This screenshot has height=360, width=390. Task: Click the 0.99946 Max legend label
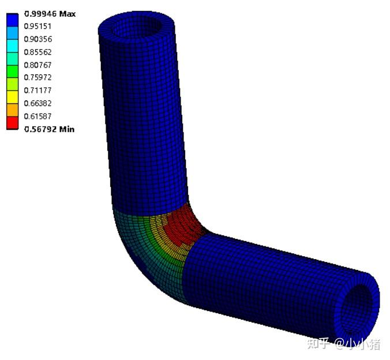point(50,14)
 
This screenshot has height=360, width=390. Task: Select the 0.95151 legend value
point(37,27)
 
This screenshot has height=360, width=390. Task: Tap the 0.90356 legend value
point(38,39)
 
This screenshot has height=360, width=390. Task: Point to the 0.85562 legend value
point(37,52)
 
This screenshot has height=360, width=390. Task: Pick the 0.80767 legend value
point(37,65)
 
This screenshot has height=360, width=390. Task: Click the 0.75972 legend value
point(37,78)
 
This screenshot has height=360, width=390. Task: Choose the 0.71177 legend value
point(37,91)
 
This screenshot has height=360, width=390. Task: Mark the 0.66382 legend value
point(37,103)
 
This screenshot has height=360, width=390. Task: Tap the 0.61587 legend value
point(37,116)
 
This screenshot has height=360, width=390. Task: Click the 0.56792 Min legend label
point(49,129)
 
